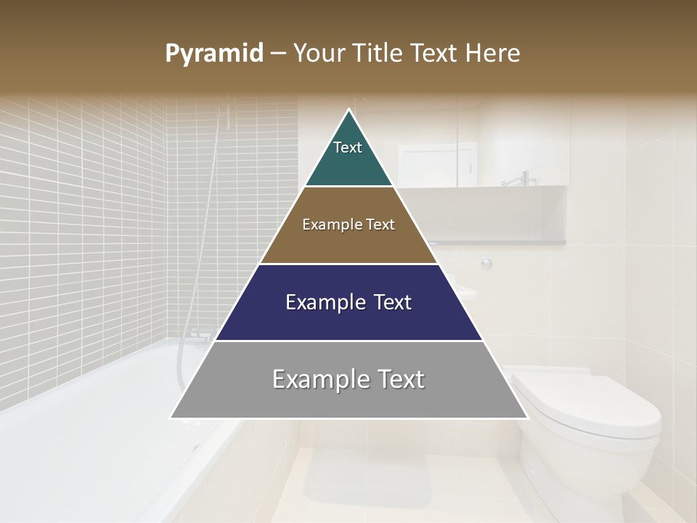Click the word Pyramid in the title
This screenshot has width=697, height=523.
pos(214,54)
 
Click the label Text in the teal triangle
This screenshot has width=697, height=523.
pos(348,147)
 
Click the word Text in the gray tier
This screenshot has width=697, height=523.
pos(396,379)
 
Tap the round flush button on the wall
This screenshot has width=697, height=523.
pos(486,264)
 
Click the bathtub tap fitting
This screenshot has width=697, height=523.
pos(202,335)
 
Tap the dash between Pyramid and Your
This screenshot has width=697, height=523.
pos(278,54)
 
